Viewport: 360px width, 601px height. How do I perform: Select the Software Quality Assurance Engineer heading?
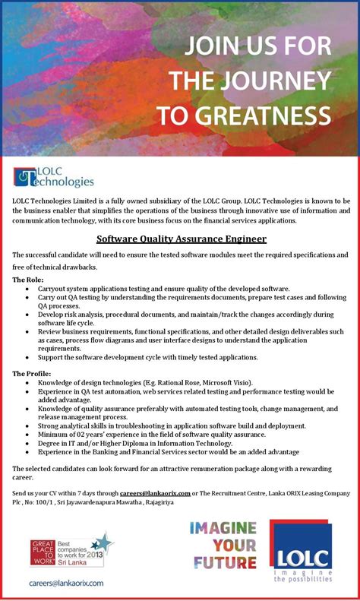[182, 239]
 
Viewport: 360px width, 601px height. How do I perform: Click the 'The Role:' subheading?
[28, 280]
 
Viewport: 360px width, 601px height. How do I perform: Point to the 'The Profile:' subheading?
[32, 373]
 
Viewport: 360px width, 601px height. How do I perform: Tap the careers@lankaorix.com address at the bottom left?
[66, 582]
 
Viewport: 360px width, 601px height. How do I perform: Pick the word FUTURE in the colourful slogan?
[223, 562]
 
